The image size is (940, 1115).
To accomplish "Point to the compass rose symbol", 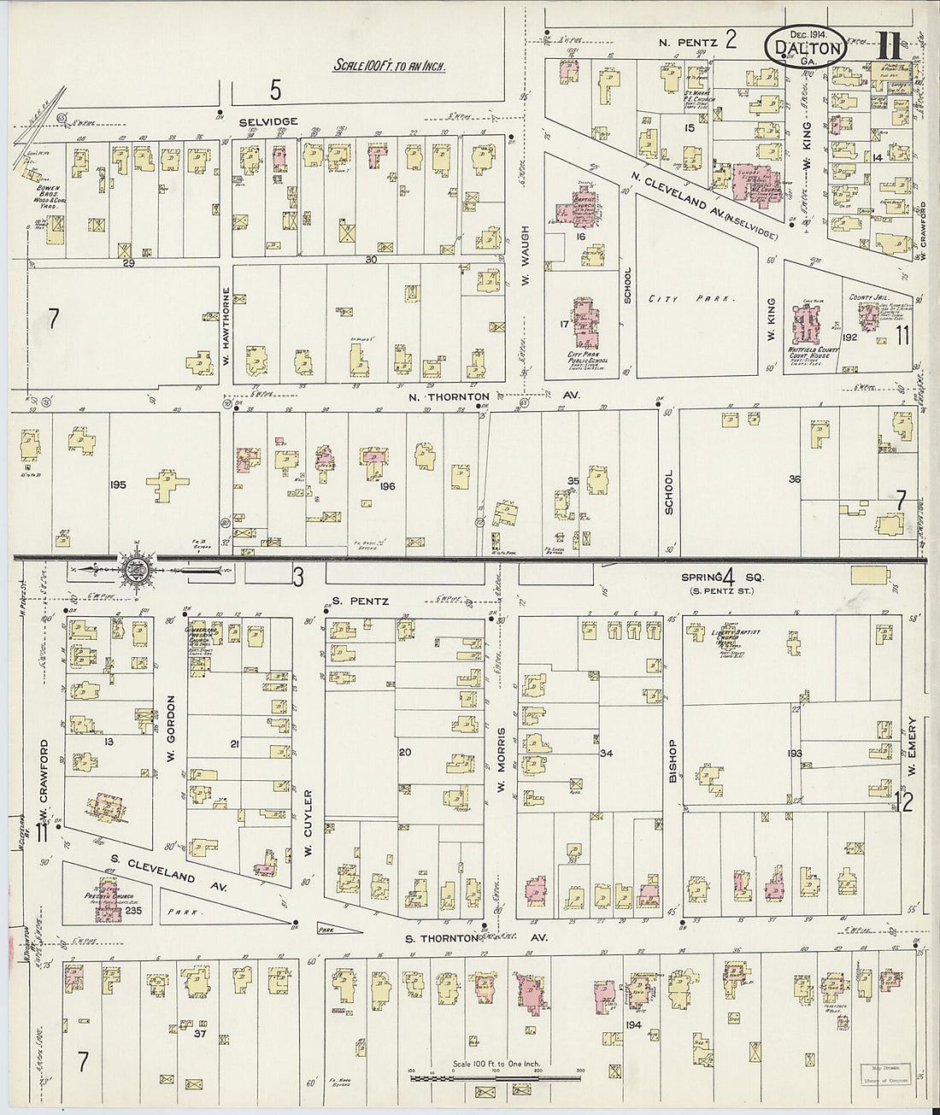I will coord(136,566).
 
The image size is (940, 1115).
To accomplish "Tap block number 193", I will coord(794,753).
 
